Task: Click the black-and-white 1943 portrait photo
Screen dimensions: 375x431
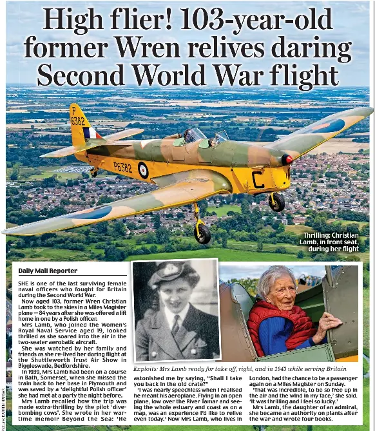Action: pyautogui.click(x=175, y=311)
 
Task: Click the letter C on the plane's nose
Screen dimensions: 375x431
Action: pyautogui.click(x=258, y=180)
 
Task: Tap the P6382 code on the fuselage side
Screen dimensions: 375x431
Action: pyautogui.click(x=123, y=168)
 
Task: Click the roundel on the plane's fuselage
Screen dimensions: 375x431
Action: pyautogui.click(x=143, y=169)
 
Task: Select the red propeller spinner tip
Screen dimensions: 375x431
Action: pyautogui.click(x=287, y=160)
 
